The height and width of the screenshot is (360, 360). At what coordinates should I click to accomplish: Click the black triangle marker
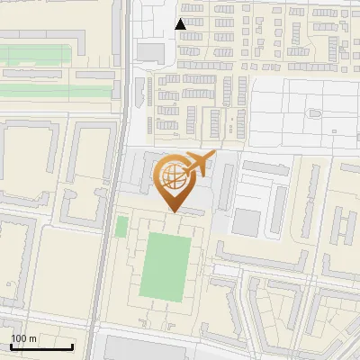point(181,24)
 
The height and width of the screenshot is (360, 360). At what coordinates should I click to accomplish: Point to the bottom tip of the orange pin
point(171,211)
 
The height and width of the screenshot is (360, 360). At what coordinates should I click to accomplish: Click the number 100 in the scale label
point(19,338)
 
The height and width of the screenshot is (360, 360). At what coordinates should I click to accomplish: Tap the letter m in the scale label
point(32,338)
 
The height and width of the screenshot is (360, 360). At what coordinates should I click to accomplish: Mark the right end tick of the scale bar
point(72,345)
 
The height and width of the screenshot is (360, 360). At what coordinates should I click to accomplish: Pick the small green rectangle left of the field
point(121,226)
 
